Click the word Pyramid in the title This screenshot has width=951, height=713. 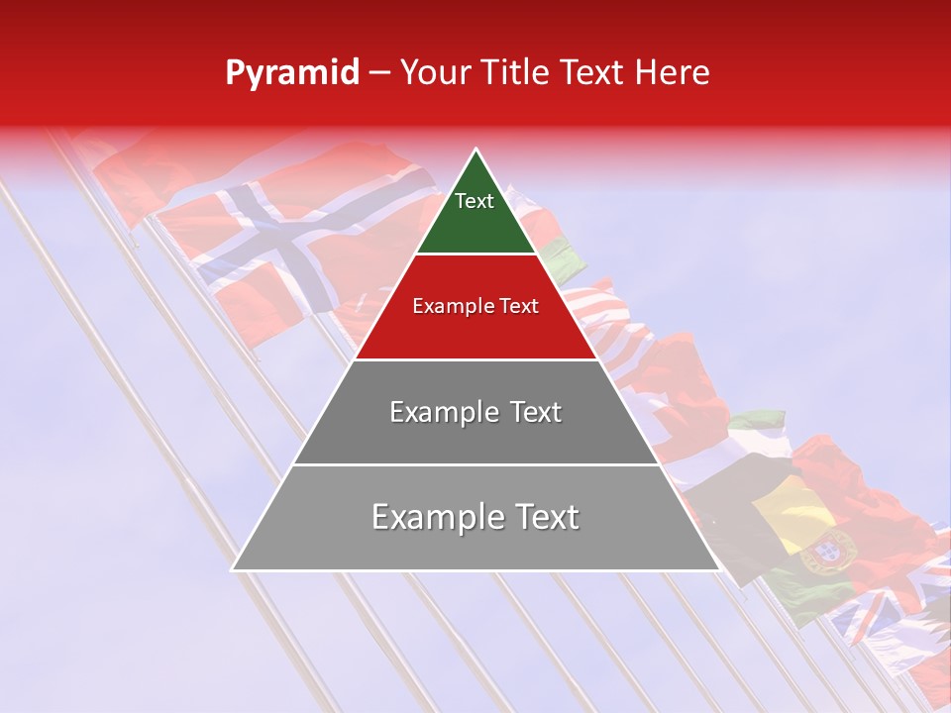pos(291,73)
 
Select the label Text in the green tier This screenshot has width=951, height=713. pos(475,201)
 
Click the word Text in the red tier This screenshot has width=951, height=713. pos(517,307)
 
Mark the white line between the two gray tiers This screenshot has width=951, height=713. pos(475,464)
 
